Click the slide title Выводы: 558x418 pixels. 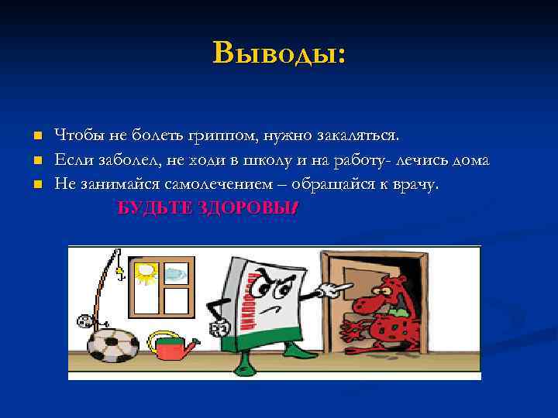pyautogui.click(x=279, y=53)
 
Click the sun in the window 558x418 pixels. pyautogui.click(x=146, y=272)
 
